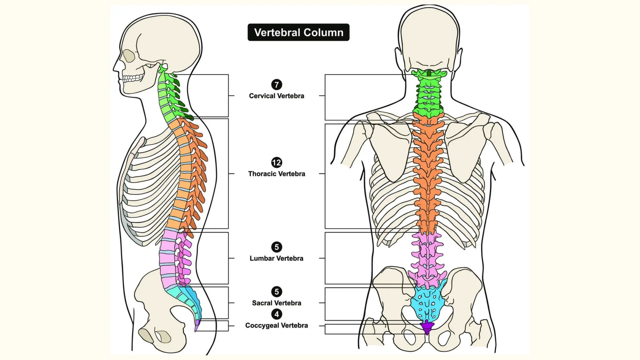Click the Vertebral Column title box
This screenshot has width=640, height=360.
click(x=298, y=32)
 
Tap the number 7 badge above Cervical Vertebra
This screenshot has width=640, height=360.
click(x=277, y=85)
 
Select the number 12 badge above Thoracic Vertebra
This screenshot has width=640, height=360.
click(x=277, y=162)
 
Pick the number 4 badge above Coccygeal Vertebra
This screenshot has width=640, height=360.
click(x=277, y=314)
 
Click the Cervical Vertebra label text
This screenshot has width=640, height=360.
click(x=277, y=96)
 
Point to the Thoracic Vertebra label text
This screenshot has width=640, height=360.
click(x=277, y=174)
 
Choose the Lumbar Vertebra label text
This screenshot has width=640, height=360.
click(x=277, y=258)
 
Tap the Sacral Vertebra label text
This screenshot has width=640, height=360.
click(x=277, y=303)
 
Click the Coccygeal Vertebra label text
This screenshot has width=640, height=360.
click(x=277, y=325)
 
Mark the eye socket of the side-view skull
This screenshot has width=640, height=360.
click(x=129, y=56)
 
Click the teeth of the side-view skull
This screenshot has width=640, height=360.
click(x=133, y=78)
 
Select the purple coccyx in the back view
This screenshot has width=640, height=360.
click(x=427, y=327)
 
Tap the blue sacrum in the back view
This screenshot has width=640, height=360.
click(x=428, y=302)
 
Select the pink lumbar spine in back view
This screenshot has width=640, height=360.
click(x=427, y=259)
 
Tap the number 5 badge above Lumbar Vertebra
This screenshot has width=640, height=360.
click(x=277, y=247)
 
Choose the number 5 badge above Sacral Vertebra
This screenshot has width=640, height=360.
click(x=277, y=292)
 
